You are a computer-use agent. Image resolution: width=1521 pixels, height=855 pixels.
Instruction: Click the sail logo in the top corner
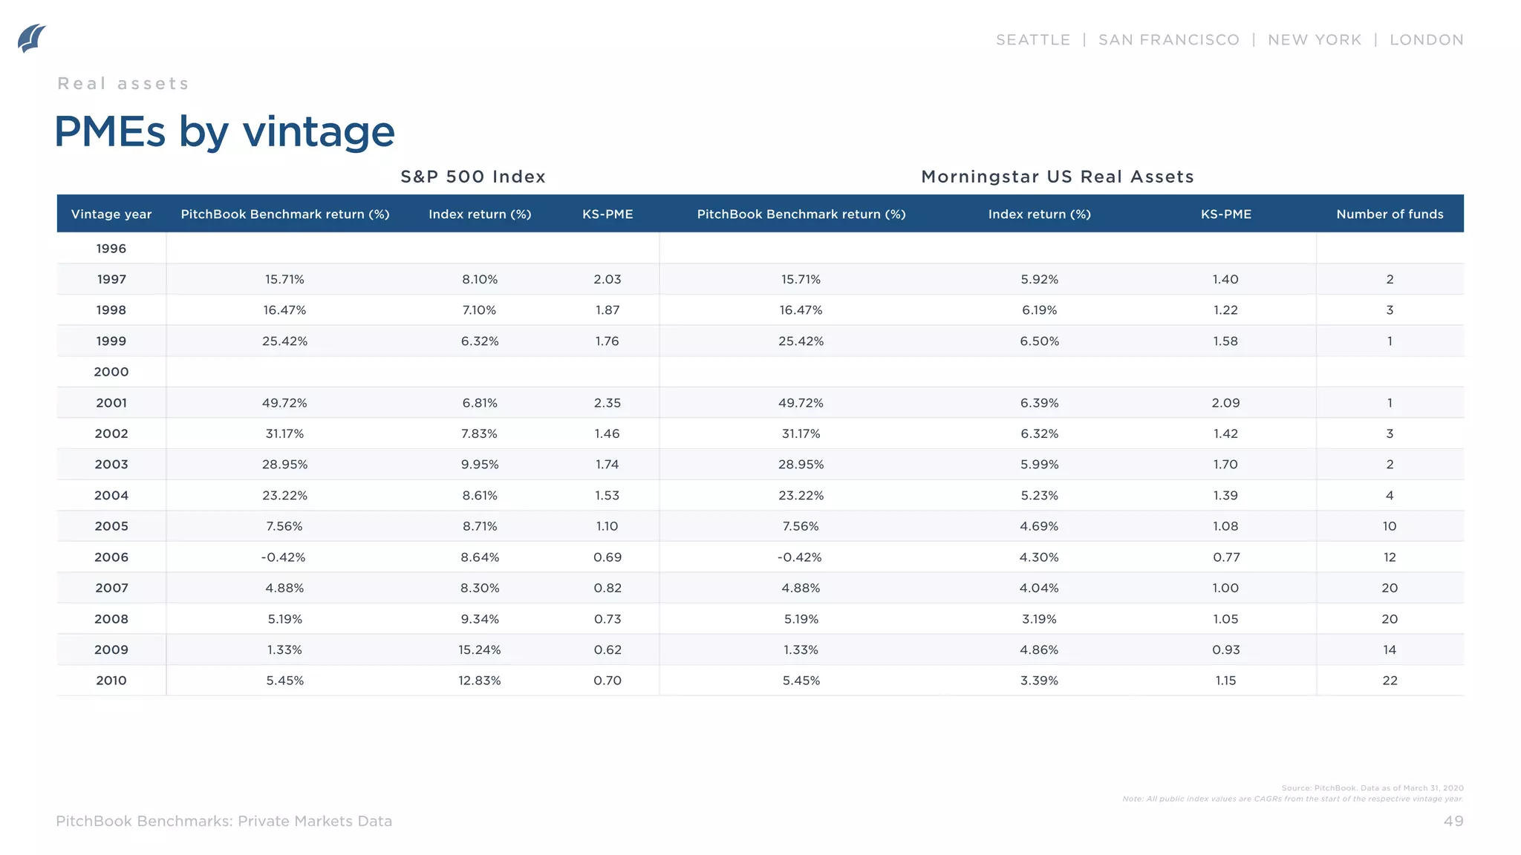pyautogui.click(x=32, y=39)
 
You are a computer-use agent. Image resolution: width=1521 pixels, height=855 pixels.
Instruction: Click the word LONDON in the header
pyautogui.click(x=1426, y=40)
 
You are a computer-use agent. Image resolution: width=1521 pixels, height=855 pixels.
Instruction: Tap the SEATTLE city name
pyautogui.click(x=1032, y=40)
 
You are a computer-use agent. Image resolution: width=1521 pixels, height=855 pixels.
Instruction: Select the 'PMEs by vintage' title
pyautogui.click(x=224, y=132)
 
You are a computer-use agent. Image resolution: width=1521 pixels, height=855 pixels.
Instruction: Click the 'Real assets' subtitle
pyautogui.click(x=123, y=84)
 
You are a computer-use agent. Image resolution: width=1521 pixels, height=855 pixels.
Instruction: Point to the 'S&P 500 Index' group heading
pyautogui.click(x=473, y=177)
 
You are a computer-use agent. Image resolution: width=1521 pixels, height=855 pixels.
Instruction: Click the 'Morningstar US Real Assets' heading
pyautogui.click(x=1057, y=177)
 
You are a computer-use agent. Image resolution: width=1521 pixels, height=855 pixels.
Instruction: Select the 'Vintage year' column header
pyautogui.click(x=111, y=214)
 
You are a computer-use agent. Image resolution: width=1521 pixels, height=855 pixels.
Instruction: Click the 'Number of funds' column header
pyautogui.click(x=1389, y=214)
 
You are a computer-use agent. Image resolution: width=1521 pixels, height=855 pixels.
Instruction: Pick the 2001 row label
pyautogui.click(x=111, y=403)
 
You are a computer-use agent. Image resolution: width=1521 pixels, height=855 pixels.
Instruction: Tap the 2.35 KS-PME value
pyautogui.click(x=607, y=403)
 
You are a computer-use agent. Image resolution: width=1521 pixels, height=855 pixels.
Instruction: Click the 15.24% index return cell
pyautogui.click(x=479, y=650)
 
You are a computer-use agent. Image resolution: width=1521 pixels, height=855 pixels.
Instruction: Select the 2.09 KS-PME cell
pyautogui.click(x=1225, y=403)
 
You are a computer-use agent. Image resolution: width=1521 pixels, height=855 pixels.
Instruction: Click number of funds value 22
pyautogui.click(x=1389, y=681)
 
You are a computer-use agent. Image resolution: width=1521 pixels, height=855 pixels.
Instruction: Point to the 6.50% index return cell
pyautogui.click(x=1039, y=341)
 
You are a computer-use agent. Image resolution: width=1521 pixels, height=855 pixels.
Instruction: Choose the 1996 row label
pyautogui.click(x=111, y=249)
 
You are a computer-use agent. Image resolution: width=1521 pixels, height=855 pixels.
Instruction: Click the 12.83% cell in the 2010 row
pyautogui.click(x=479, y=681)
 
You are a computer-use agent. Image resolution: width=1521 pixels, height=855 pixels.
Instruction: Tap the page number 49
pyautogui.click(x=1453, y=821)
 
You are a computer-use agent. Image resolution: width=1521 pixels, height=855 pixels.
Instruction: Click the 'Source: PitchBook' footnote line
pyautogui.click(x=1372, y=788)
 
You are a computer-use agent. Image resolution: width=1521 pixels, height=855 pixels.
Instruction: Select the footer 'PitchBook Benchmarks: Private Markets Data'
pyautogui.click(x=224, y=821)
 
